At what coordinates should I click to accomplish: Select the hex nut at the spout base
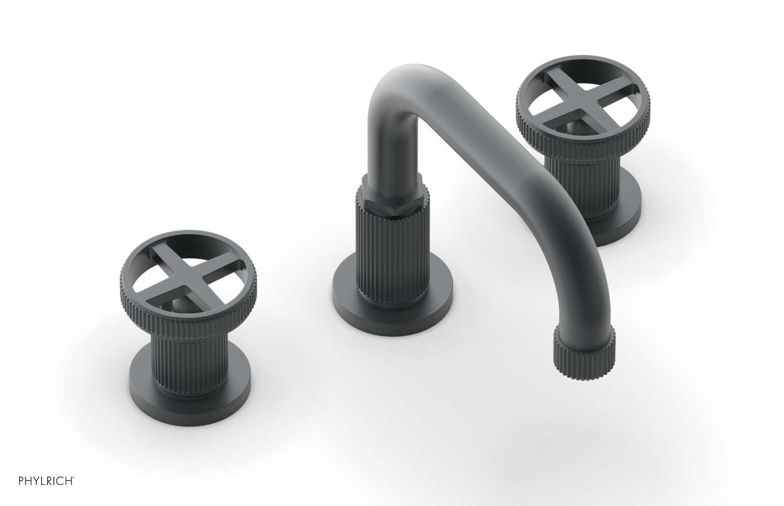(x=392, y=196)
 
